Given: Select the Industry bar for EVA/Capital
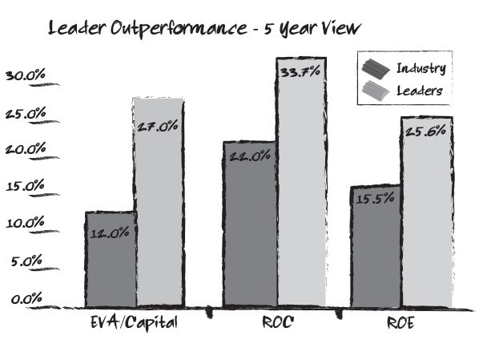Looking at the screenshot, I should pos(110,261).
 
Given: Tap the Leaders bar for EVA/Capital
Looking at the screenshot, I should pos(159,204).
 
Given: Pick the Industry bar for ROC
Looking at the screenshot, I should pos(249,224).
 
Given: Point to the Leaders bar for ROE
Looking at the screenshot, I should pos(426,212).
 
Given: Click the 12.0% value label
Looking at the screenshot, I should pos(111,233).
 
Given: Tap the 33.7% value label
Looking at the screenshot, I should pos(300,72).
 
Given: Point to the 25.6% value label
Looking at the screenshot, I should pos(426,131).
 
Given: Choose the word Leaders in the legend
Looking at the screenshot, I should pos(420,91).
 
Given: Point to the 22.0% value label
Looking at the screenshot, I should pos(250,157).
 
